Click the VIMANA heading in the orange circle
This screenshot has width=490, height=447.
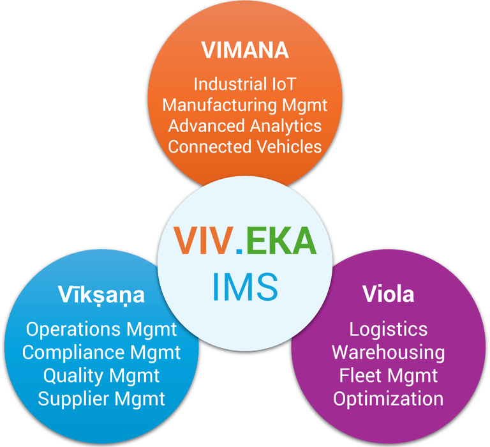[x=245, y=50]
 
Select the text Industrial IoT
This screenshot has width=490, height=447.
[x=245, y=84]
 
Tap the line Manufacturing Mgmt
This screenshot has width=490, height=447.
[x=245, y=104]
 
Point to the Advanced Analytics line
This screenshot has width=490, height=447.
[x=245, y=125]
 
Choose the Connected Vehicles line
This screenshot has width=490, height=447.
[x=245, y=146]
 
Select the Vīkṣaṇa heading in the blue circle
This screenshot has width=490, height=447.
[x=101, y=296]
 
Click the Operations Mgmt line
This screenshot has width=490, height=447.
[x=101, y=330]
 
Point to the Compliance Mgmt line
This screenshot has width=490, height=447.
[x=101, y=352]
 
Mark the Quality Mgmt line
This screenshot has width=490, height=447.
[x=101, y=375]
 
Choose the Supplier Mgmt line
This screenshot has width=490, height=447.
[x=101, y=399]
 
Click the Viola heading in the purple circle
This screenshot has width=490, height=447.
[x=388, y=294]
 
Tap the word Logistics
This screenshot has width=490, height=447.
[x=388, y=330]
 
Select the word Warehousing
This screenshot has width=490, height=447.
[x=388, y=352]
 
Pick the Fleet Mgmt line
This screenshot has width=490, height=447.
[x=388, y=375]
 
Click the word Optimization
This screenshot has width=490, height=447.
[x=388, y=399]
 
